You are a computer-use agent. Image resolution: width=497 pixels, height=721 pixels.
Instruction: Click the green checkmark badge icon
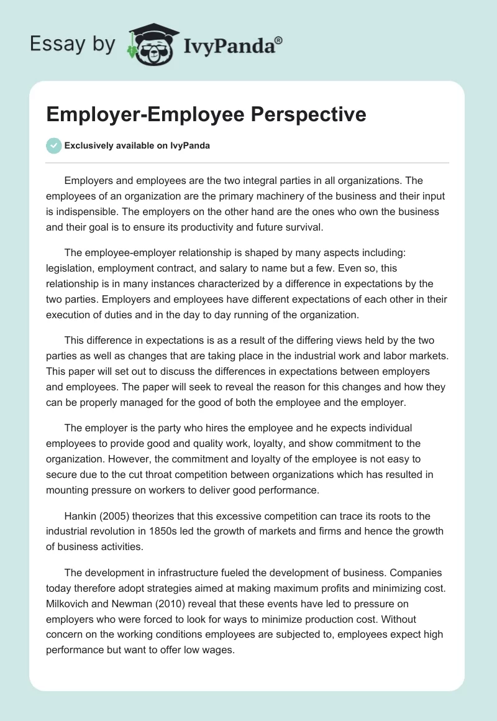point(53,146)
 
